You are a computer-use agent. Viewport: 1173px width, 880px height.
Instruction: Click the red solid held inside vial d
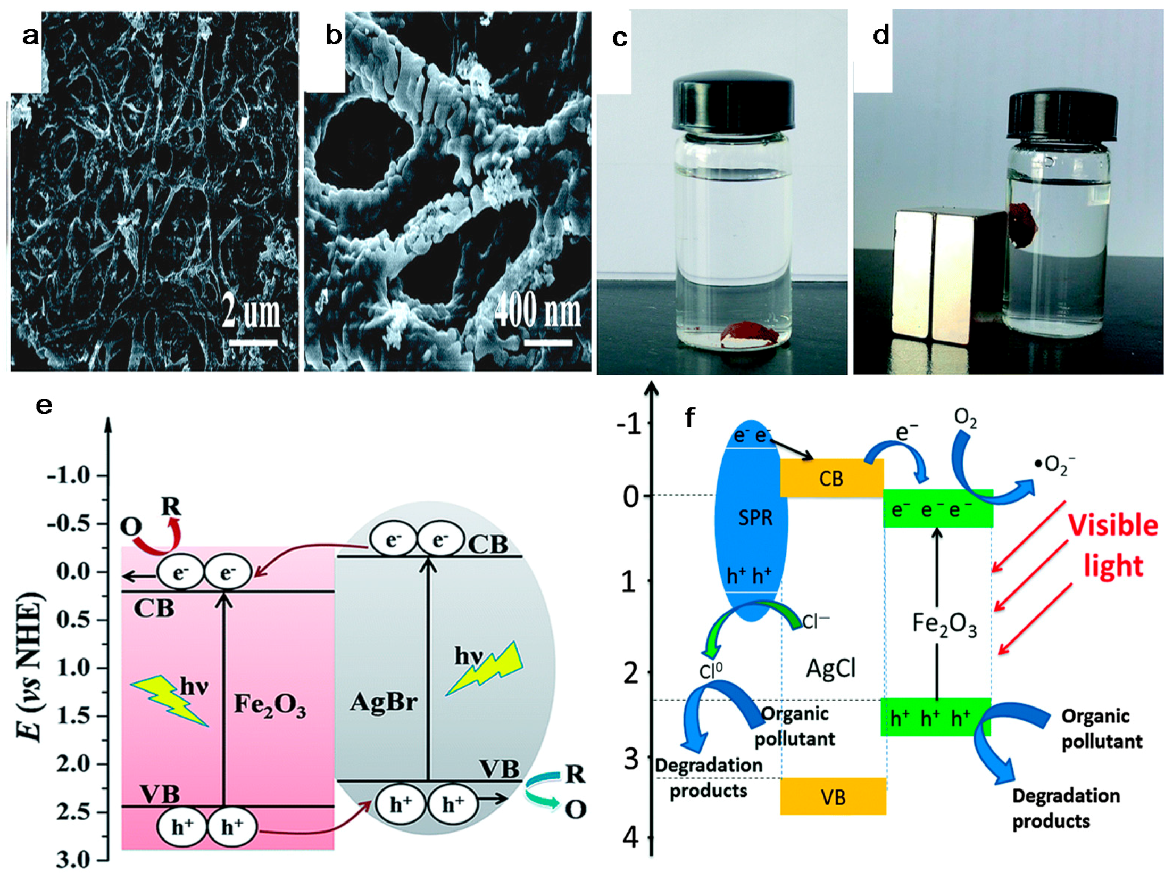pyautogui.click(x=1023, y=224)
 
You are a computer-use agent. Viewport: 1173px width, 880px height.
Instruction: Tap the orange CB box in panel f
pyautogui.click(x=831, y=478)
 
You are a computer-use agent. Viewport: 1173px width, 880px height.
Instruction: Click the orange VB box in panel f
pyautogui.click(x=833, y=797)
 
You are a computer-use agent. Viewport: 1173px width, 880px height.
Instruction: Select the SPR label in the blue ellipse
pyautogui.click(x=755, y=517)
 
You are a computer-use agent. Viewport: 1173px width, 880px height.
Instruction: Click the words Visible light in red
pyautogui.click(x=1113, y=545)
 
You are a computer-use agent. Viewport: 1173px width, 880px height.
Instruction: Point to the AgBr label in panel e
pyautogui.click(x=383, y=703)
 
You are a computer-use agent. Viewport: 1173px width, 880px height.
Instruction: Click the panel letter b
pyautogui.click(x=334, y=36)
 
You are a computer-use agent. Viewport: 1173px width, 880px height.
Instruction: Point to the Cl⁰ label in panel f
pyautogui.click(x=711, y=671)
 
